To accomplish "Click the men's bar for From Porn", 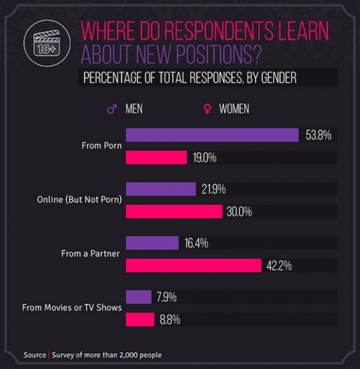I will click(x=212, y=135).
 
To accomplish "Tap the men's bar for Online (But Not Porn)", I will click(x=161, y=189).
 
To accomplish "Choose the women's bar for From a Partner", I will click(x=193, y=265).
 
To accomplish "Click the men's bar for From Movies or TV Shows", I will click(x=138, y=297).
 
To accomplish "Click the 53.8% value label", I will click(x=318, y=136).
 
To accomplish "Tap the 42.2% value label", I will click(x=279, y=266).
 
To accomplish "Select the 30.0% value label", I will click(x=239, y=212).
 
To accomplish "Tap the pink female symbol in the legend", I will click(x=206, y=109).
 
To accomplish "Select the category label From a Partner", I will click(x=91, y=254).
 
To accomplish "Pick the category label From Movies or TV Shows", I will click(x=72, y=307).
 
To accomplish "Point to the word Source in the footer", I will click(x=34, y=354).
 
